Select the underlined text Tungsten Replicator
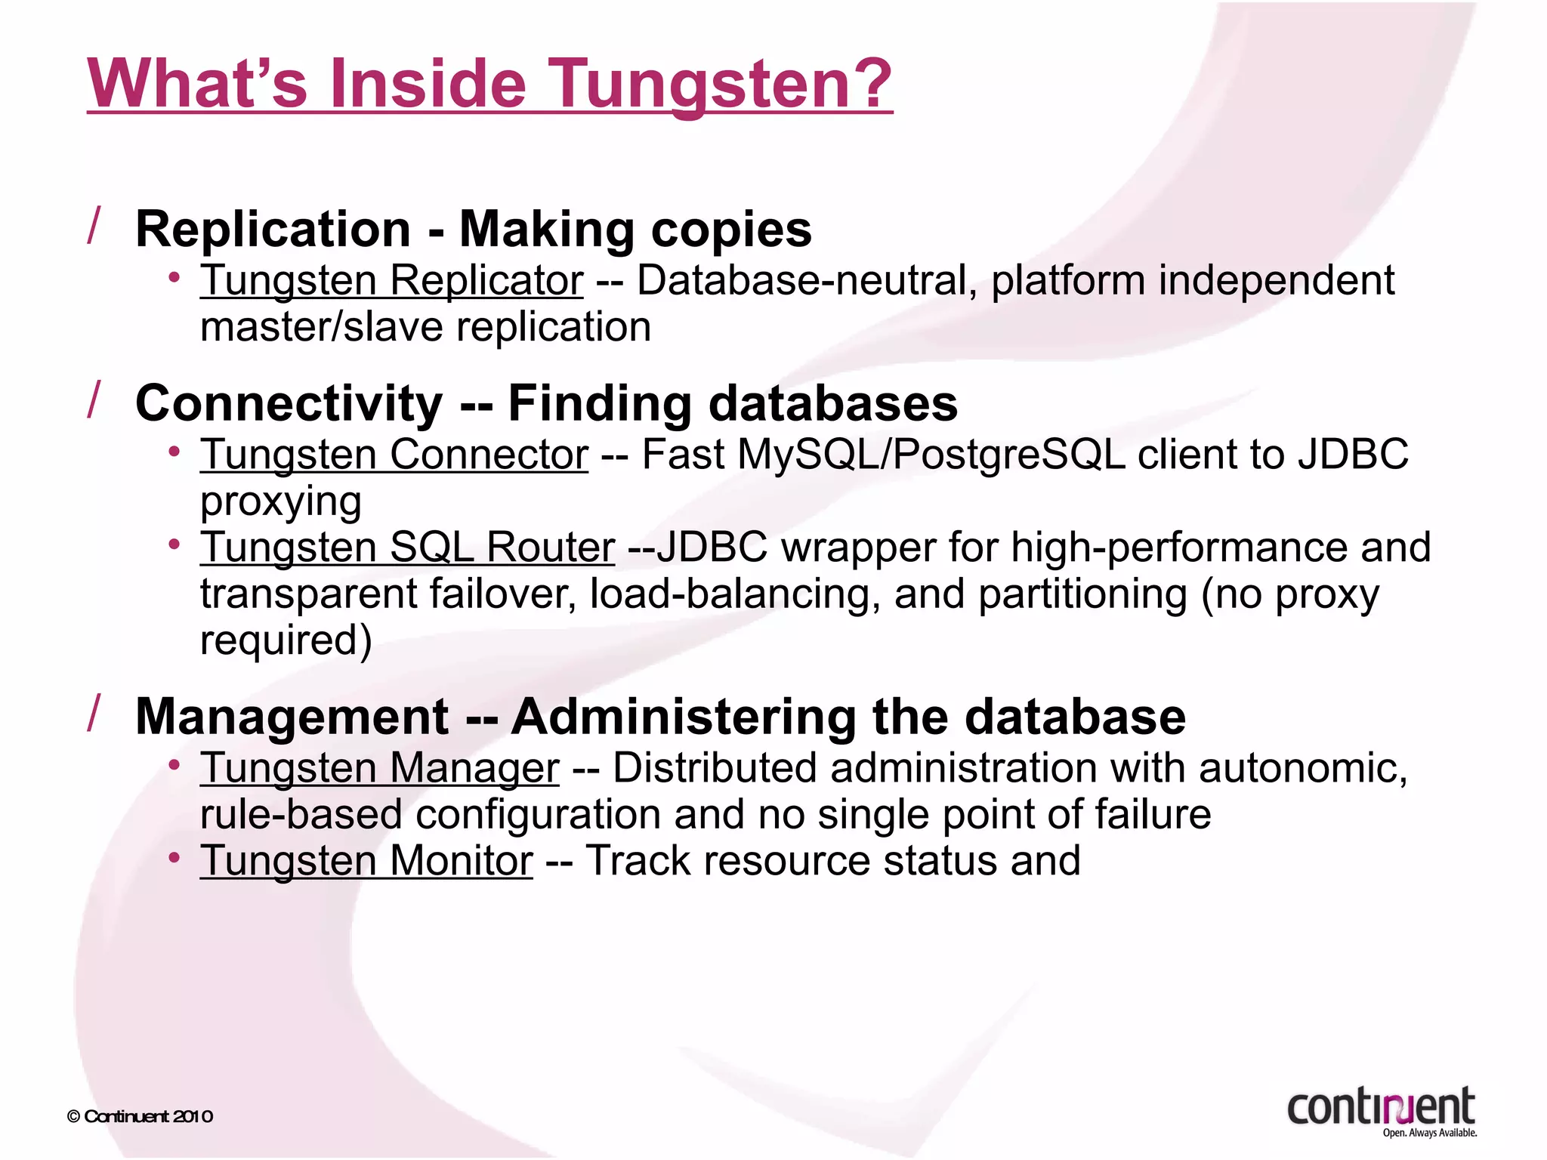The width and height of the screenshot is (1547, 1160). [x=391, y=280]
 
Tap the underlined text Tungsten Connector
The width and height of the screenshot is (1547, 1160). [x=394, y=455]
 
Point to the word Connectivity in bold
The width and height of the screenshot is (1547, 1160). [x=289, y=403]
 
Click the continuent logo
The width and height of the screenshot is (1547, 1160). [x=1381, y=1110]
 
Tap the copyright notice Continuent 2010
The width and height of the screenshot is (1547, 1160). [x=140, y=1116]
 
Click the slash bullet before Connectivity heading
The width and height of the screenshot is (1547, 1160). [x=94, y=400]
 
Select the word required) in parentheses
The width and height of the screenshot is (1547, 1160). [x=286, y=640]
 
